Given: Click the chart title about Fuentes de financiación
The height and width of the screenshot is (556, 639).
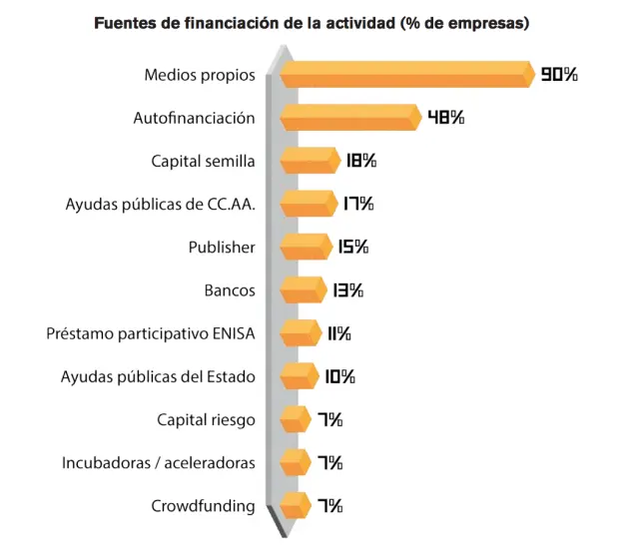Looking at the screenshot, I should (312, 23).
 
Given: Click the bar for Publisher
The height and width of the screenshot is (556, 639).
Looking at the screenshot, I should (304, 247).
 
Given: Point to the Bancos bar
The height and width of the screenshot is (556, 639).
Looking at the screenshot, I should (302, 290).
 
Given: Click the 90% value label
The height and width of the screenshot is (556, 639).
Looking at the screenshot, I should (559, 74).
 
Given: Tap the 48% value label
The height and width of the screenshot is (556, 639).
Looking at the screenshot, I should (445, 117).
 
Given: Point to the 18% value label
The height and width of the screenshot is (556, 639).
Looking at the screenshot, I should (361, 161).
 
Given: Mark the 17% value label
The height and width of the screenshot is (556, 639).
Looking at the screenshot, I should (357, 204).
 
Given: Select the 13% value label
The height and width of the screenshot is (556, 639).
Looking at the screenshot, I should (348, 290).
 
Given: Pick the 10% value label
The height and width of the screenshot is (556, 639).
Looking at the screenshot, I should (339, 376).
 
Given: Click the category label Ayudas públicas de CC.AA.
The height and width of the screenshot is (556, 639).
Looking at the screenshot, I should (160, 204).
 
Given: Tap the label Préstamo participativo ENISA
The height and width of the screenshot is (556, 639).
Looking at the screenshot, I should (151, 333).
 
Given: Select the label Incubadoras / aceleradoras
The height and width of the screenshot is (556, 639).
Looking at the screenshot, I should (158, 463).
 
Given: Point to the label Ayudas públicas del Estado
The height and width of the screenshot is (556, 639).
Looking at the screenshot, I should (158, 376).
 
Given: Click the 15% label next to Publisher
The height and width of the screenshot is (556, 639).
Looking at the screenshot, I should (353, 247).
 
